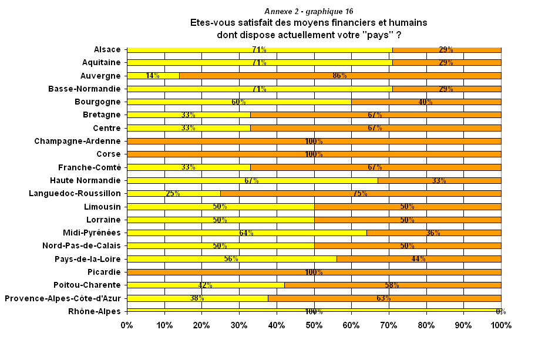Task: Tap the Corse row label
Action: [x=108, y=154]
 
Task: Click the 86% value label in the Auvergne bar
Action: [x=339, y=76]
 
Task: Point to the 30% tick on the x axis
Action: [x=239, y=325]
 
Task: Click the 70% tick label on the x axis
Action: [x=388, y=325]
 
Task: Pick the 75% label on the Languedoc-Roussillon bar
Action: [x=360, y=194]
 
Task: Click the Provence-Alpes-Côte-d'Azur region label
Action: [x=62, y=298]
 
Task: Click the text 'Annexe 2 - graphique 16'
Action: [x=309, y=11]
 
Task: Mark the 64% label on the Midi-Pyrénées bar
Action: [x=246, y=233]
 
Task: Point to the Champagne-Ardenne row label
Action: [x=77, y=141]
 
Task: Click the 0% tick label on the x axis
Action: [x=127, y=325]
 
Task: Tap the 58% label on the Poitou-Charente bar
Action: [x=392, y=285]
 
